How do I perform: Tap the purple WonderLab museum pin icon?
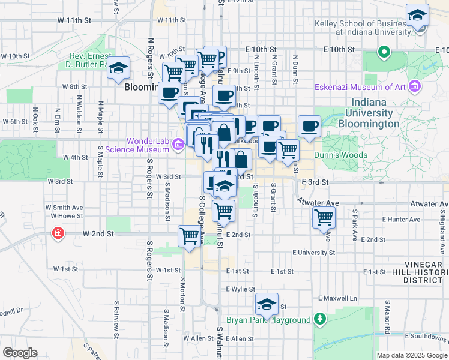[x=178, y=145]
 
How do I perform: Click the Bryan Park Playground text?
[x=268, y=320]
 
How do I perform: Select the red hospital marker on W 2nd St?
[x=58, y=232]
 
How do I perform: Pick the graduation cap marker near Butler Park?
[x=119, y=68]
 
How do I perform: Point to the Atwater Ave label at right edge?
[x=429, y=204]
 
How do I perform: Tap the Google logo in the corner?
[x=20, y=353]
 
